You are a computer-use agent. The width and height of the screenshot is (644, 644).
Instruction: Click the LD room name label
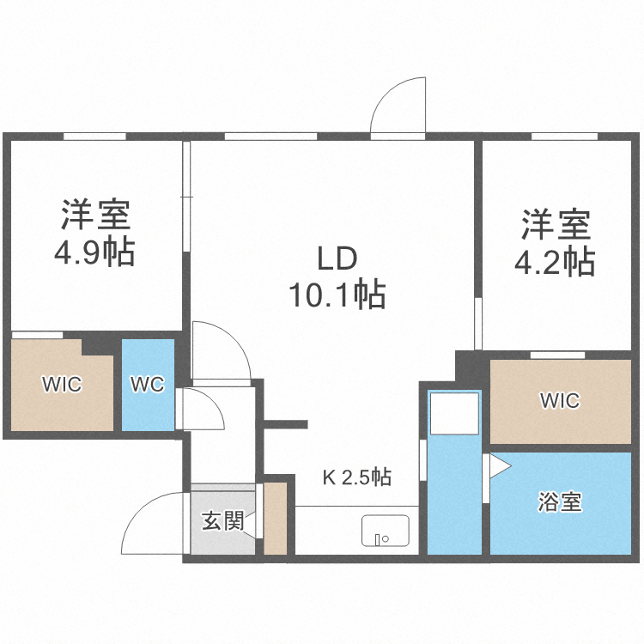click(337, 258)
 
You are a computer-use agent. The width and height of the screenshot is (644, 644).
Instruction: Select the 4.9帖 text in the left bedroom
click(95, 252)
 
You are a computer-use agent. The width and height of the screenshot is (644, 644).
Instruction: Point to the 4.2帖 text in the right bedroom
click(554, 262)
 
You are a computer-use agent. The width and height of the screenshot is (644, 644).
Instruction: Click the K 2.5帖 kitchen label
click(357, 477)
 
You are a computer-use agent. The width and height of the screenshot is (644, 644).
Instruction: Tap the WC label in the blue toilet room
click(147, 385)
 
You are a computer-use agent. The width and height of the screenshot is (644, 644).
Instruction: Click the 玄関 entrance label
click(222, 520)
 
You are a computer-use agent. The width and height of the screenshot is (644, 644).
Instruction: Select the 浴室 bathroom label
click(561, 502)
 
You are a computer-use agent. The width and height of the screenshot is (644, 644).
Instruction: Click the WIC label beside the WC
click(63, 385)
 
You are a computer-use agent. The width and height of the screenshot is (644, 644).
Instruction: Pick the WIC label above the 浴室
click(560, 400)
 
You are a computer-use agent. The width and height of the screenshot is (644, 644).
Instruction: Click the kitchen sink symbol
click(386, 530)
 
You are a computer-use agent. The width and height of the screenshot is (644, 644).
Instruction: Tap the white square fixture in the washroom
click(454, 413)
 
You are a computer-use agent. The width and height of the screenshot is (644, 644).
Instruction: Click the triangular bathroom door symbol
click(499, 467)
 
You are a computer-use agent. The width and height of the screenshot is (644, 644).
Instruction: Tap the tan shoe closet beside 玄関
click(275, 519)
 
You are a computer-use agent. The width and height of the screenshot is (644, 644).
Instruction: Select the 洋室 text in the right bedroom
click(555, 225)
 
